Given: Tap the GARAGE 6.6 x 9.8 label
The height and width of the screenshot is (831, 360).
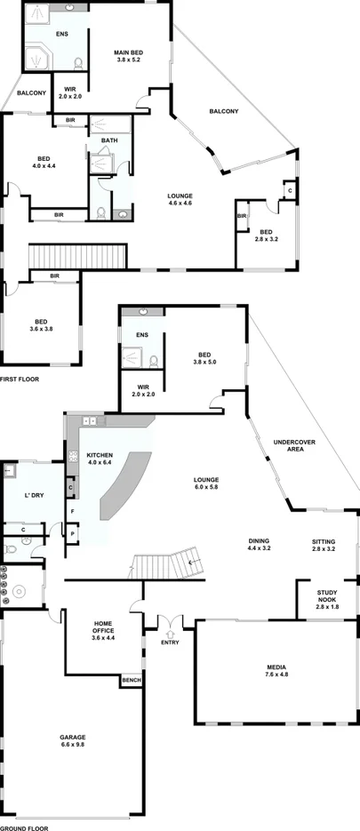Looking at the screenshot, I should click(x=72, y=741).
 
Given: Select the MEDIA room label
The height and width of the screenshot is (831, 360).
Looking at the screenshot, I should click(x=276, y=670).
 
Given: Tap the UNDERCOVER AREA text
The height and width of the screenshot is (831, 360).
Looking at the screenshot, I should click(x=289, y=445).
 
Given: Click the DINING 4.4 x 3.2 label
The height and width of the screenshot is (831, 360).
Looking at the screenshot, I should click(x=259, y=544).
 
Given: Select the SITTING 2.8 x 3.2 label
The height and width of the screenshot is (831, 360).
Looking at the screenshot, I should click(x=324, y=544).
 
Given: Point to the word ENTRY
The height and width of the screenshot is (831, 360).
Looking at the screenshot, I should click(x=170, y=642).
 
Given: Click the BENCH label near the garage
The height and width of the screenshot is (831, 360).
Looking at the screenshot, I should click(x=132, y=681).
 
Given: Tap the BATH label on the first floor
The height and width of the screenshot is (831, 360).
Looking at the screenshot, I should click(x=108, y=140).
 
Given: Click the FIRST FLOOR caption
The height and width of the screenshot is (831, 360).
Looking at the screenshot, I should click(x=20, y=380).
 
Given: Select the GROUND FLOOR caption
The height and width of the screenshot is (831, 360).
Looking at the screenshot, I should click(x=24, y=827).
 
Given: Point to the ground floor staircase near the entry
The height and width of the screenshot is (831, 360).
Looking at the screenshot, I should click(x=165, y=563).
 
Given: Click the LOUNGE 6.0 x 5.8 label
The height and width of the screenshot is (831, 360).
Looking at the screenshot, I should click(x=206, y=484).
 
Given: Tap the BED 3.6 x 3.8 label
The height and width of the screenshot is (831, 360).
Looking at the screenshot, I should click(x=41, y=324).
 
